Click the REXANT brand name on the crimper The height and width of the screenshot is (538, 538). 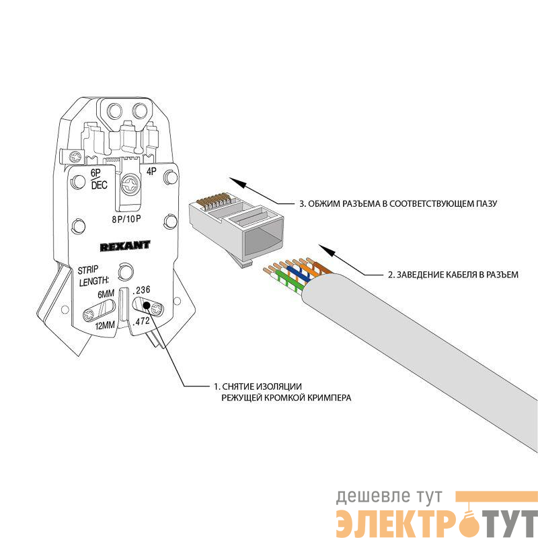coord(125,246)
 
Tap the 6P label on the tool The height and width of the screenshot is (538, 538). coord(95,172)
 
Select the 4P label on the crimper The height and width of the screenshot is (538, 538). coord(151,171)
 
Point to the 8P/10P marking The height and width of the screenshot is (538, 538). coord(126,219)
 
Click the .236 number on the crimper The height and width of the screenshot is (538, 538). coord(141,290)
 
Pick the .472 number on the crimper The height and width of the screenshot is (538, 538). coord(141,322)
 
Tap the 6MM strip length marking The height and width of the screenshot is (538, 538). coord(106,294)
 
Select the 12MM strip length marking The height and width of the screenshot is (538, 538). coord(105,325)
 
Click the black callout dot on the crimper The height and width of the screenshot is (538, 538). coord(146,305)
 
